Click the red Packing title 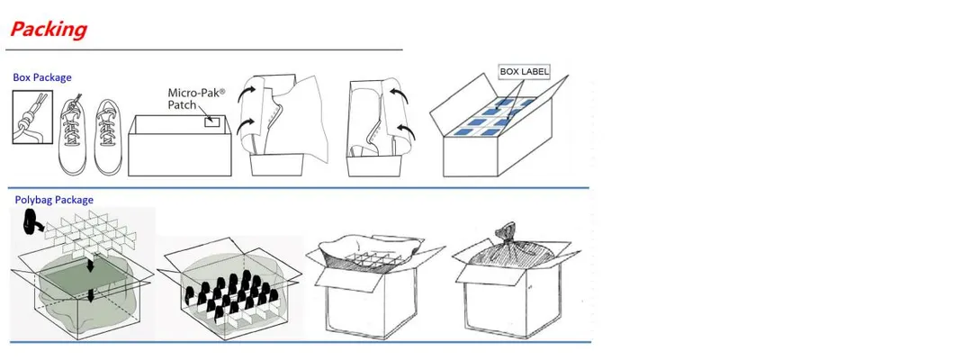(x=49, y=29)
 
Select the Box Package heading (x=42, y=77)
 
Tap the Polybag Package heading (x=54, y=200)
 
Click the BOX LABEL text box (x=524, y=72)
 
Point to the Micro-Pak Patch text (x=195, y=98)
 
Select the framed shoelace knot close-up (x=32, y=117)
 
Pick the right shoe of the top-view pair (x=109, y=137)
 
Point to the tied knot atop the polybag (x=505, y=231)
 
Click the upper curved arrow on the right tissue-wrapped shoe (x=399, y=94)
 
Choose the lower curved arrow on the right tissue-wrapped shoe (x=406, y=130)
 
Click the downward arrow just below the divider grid (x=90, y=266)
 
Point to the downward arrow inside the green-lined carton (x=91, y=295)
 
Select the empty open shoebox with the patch (x=180, y=145)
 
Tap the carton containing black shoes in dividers (x=230, y=288)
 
